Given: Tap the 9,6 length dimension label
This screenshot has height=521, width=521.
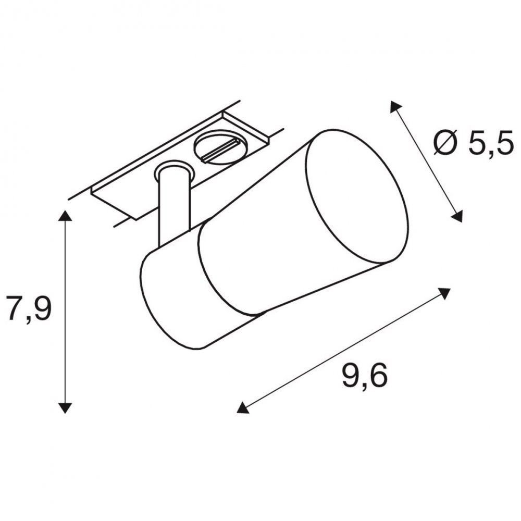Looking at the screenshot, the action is pyautogui.click(x=365, y=376).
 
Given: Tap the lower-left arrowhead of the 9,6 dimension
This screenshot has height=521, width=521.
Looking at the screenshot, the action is pyautogui.click(x=243, y=407).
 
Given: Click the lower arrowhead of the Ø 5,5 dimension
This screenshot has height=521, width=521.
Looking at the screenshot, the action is pyautogui.click(x=456, y=216).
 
